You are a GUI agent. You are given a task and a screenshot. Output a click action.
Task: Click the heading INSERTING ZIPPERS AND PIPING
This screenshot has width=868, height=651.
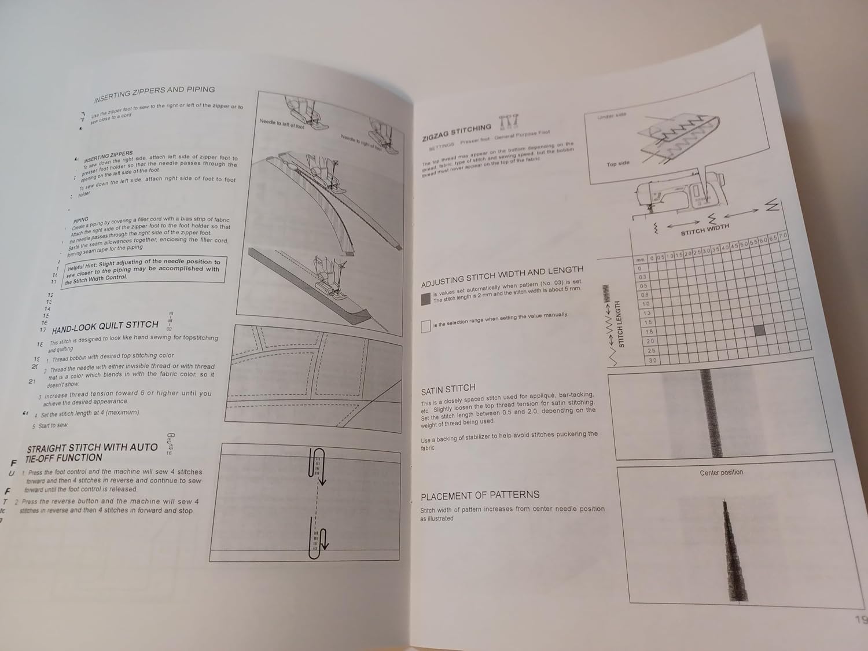(155, 94)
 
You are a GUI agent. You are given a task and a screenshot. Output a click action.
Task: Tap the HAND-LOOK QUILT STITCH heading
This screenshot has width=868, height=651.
(105, 326)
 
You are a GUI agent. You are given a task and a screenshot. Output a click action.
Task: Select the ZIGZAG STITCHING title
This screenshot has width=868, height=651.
(457, 132)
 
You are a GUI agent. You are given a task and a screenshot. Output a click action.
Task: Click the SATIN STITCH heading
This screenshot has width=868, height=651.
(448, 389)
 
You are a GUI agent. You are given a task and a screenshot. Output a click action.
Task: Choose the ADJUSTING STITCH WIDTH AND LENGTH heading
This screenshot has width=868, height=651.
(502, 277)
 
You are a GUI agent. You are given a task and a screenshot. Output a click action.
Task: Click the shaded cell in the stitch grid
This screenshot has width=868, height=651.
(760, 330)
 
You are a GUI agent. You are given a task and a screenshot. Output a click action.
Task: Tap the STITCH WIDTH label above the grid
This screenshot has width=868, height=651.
(705, 229)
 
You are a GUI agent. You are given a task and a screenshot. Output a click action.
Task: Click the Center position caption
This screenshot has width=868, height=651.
(721, 473)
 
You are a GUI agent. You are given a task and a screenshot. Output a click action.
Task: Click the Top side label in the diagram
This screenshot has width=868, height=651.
(617, 164)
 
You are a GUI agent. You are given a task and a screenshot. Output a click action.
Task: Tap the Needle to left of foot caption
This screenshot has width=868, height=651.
(281, 123)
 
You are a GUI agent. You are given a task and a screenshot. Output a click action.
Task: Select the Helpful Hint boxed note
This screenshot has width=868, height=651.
(144, 270)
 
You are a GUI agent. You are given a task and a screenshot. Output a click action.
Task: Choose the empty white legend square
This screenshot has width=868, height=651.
(426, 326)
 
